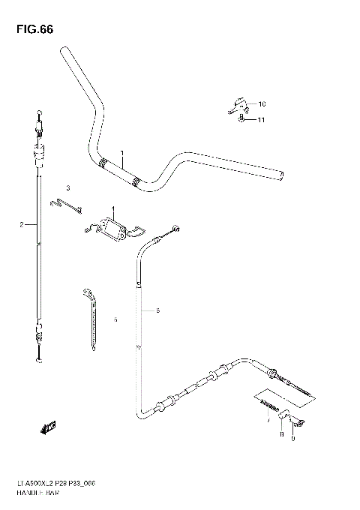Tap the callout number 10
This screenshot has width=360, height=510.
pos(262,103)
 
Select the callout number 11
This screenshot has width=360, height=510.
pos(261,119)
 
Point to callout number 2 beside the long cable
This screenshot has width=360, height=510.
pos(23,224)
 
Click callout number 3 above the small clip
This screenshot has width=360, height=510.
pos(67,187)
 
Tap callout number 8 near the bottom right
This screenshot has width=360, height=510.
pos(280,433)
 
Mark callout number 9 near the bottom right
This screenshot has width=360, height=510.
pos(292,439)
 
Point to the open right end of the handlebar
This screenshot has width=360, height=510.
pos(283,176)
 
